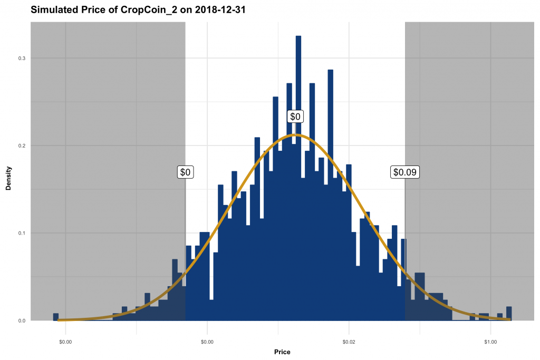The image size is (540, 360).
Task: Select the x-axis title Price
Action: [x=282, y=352]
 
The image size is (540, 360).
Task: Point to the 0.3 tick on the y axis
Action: [x=22, y=58]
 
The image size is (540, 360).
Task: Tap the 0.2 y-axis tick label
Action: [x=22, y=145]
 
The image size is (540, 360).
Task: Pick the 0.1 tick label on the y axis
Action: [x=22, y=233]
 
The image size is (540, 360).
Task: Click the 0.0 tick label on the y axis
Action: [x=22, y=320]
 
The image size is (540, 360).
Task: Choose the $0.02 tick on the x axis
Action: [x=349, y=341]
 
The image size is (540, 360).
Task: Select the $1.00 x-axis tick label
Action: [x=490, y=341]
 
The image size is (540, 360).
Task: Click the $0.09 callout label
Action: [x=404, y=172]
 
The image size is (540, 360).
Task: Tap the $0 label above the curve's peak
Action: [x=295, y=116]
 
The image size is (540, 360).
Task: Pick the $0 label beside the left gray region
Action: [x=185, y=172]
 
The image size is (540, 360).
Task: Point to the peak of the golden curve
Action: [x=296, y=135]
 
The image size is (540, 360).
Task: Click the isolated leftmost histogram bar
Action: [x=55, y=317]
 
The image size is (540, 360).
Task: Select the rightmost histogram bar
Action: [x=509, y=314]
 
